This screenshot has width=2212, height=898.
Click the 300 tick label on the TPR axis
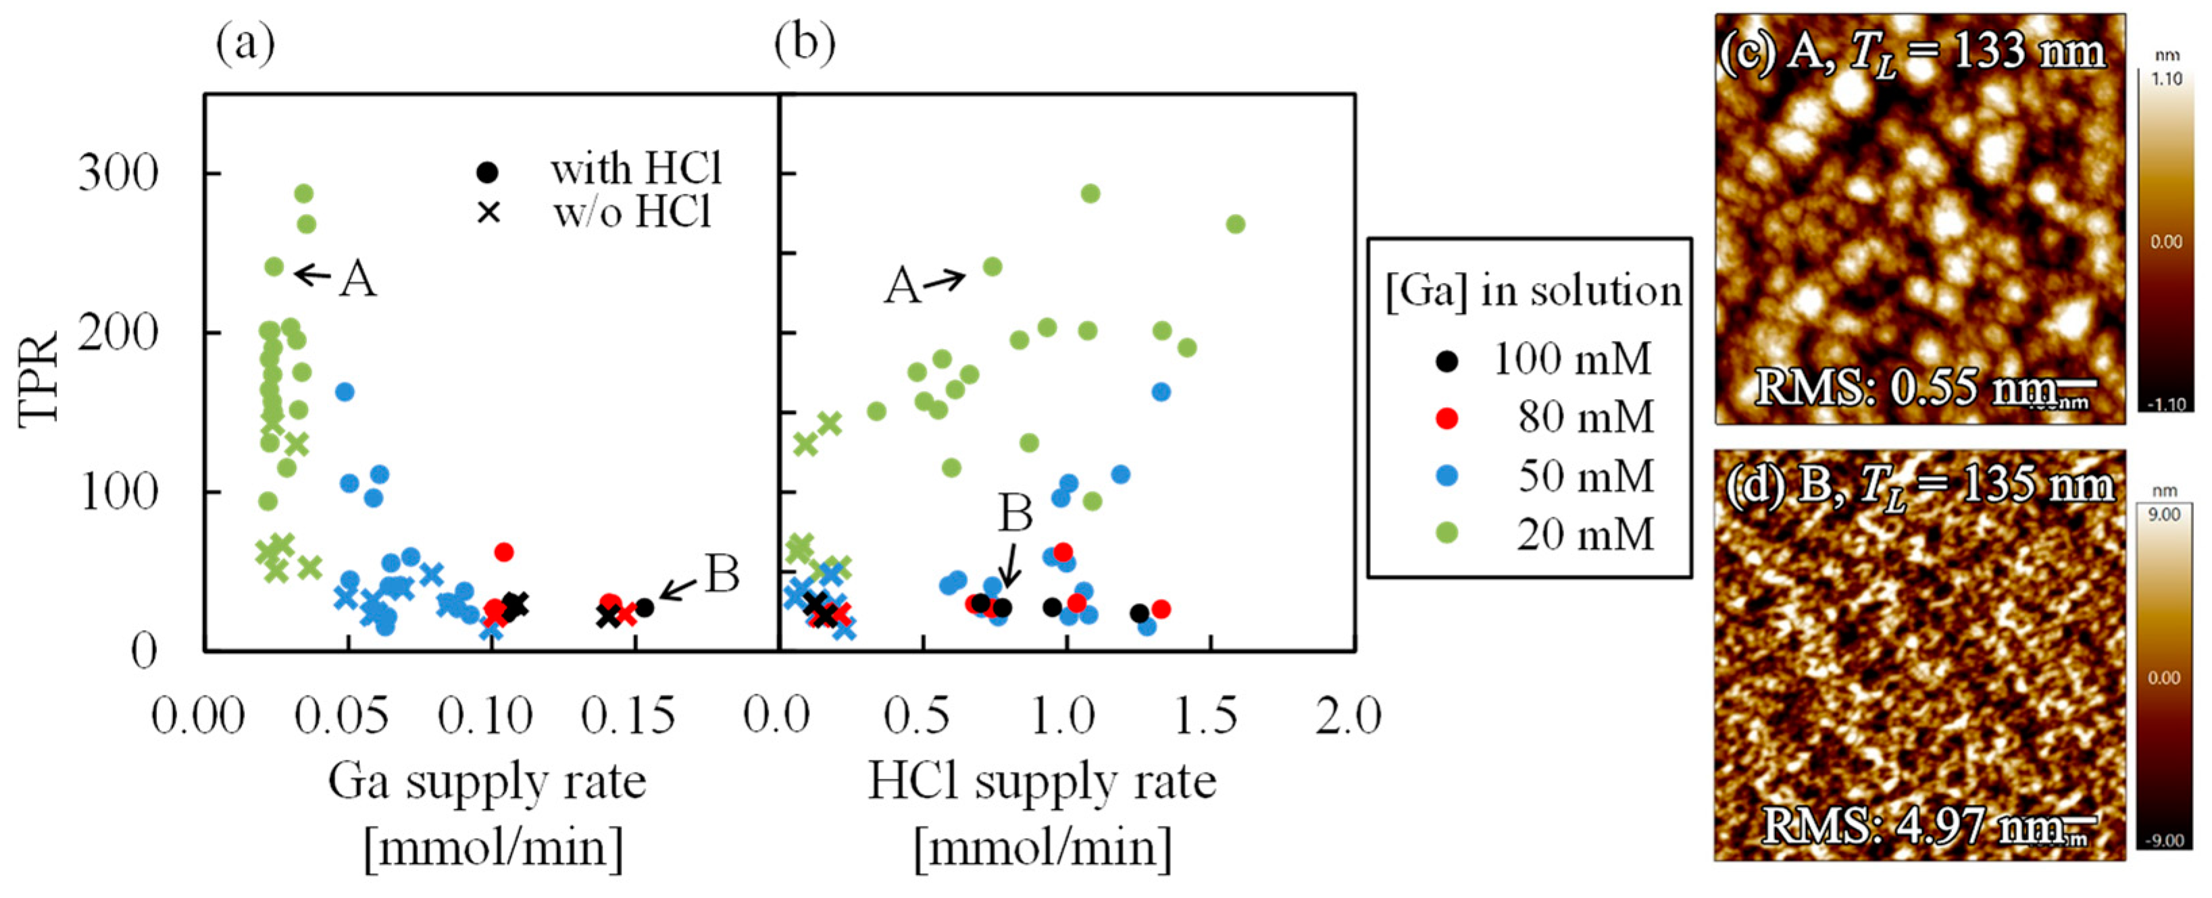118,173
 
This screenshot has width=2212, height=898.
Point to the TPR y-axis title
39,377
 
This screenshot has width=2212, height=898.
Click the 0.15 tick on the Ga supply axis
628,715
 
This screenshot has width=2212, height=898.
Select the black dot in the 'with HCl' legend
487,171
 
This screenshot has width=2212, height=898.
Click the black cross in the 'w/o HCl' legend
488,212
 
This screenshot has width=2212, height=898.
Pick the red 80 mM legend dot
1447,418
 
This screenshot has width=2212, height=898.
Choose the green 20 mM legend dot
1447,533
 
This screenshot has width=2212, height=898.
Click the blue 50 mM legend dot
1447,475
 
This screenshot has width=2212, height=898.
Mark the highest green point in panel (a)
303,194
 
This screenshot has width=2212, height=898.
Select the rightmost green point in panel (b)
1235,224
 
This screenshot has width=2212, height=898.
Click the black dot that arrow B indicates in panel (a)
644,607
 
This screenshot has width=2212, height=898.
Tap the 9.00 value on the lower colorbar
2164,514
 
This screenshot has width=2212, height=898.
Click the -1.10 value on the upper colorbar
2164,404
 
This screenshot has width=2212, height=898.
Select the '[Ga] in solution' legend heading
1534,291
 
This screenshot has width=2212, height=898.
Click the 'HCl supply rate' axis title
1042,781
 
